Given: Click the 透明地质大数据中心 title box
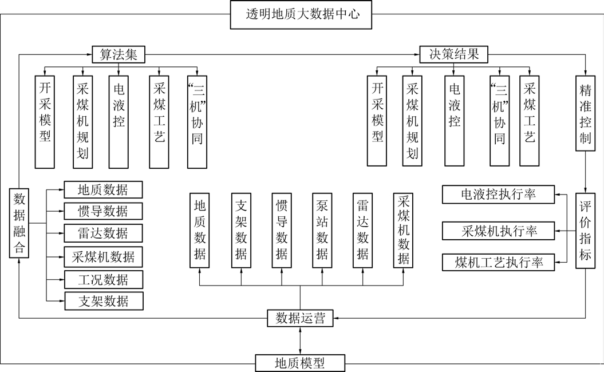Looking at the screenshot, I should click(302, 15).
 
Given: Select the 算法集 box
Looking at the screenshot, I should click(119, 54).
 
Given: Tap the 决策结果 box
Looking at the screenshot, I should click(453, 54).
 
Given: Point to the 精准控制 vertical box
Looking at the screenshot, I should click(585, 114).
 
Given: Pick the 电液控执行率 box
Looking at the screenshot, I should click(499, 195).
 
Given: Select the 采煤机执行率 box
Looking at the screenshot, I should click(499, 231).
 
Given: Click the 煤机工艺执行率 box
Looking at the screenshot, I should click(499, 263).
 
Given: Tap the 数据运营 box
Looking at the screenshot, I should click(301, 318).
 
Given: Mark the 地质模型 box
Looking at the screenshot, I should click(301, 363).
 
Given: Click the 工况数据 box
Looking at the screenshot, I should click(103, 279).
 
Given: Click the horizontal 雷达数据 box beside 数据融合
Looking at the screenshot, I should click(103, 233).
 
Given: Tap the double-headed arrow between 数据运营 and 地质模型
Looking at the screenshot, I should click(301, 341).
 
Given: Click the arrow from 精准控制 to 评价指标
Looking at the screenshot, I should click(585, 172).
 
